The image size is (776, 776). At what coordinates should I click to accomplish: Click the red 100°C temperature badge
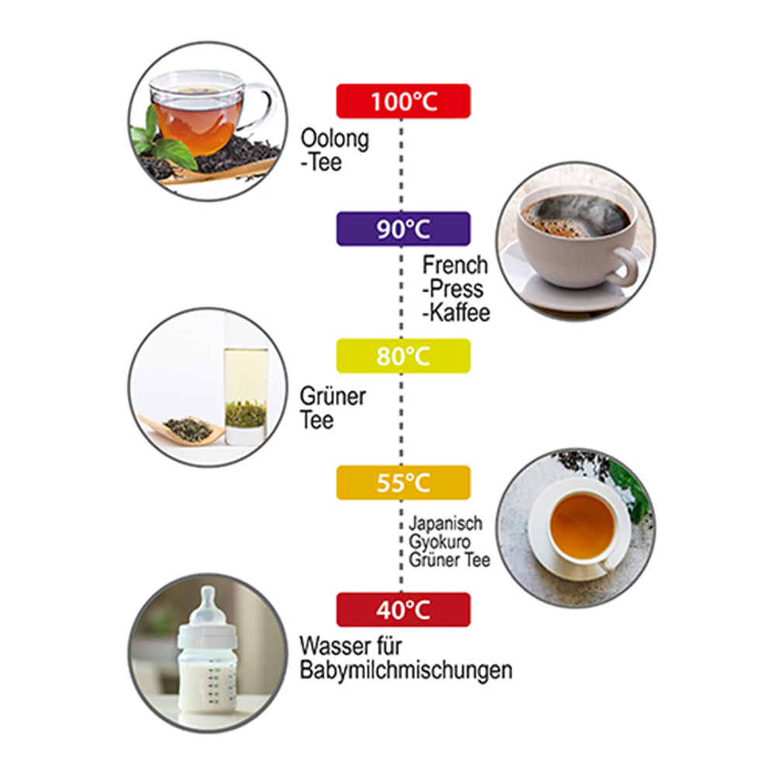pos(404,102)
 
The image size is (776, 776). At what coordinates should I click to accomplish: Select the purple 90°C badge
pos(404,229)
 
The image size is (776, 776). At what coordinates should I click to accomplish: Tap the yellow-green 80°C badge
pos(404,356)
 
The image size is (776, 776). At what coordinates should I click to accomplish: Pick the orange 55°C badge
pos(404,483)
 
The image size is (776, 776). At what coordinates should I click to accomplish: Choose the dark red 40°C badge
pos(404,610)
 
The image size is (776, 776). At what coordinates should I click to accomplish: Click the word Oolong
pos(335,139)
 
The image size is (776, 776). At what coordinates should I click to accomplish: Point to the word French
pos(456,265)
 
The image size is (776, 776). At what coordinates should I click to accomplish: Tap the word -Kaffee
pos(456,312)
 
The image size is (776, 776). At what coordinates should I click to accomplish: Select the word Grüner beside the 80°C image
pos(333,396)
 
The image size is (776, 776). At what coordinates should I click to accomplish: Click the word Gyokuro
pos(439,542)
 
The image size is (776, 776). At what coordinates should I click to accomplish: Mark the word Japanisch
pos(445,523)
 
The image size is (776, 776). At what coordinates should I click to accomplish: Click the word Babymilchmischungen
pos(406,670)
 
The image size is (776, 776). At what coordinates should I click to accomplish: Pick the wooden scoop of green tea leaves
pos(183,429)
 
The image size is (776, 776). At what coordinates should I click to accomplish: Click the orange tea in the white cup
pos(583,525)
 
